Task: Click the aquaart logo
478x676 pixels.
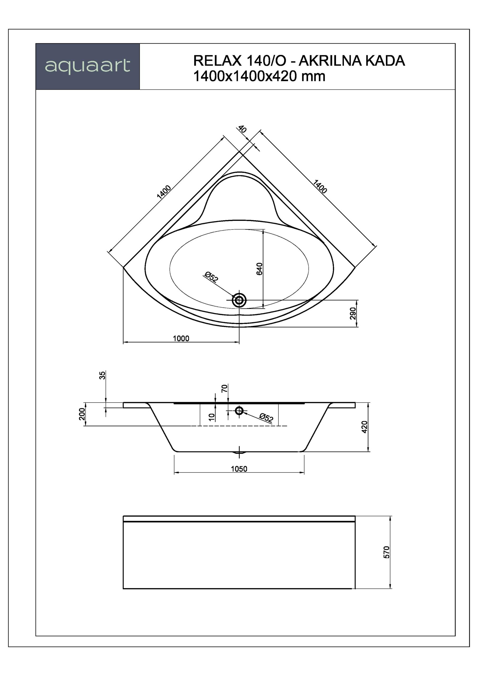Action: tap(87, 66)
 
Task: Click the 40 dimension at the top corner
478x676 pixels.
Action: tap(242, 129)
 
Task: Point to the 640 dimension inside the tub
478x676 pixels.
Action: tap(259, 269)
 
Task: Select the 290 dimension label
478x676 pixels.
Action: tap(353, 313)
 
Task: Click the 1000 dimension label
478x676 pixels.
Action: tap(181, 338)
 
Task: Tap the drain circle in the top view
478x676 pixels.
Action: tap(239, 300)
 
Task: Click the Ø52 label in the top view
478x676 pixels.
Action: tap(211, 277)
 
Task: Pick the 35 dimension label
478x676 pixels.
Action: tap(102, 375)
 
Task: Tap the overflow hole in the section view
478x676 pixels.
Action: tap(239, 410)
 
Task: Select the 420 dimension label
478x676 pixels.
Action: tap(365, 427)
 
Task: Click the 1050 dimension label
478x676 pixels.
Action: tap(239, 469)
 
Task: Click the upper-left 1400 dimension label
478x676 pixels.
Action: tap(164, 192)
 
